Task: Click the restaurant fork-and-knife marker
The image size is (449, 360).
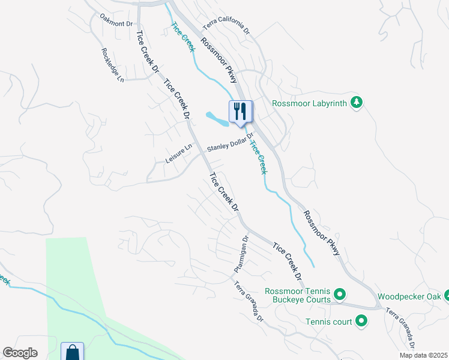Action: (x=240, y=112)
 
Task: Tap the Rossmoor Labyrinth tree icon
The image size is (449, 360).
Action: (x=357, y=103)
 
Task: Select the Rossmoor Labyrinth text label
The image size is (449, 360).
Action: (x=309, y=103)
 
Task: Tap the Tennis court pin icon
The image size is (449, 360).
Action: (x=361, y=322)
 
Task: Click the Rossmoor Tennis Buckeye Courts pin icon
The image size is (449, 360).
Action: (x=339, y=294)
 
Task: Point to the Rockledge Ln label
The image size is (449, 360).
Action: (x=112, y=65)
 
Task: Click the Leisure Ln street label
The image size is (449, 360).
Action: (x=178, y=154)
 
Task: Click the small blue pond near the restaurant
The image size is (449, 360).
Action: (x=217, y=119)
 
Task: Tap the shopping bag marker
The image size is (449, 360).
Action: (x=72, y=351)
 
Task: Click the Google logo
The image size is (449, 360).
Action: (x=20, y=353)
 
